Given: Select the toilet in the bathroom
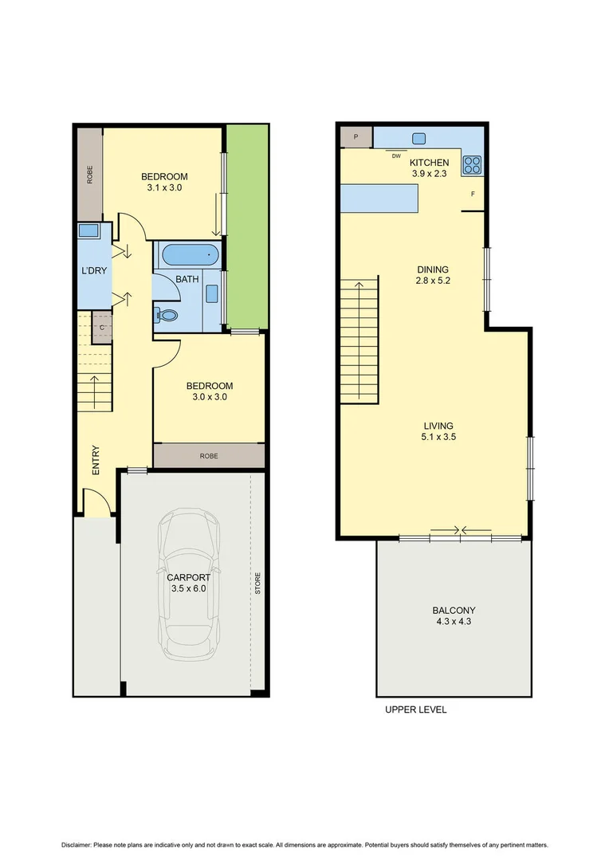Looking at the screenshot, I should pyautogui.click(x=167, y=315).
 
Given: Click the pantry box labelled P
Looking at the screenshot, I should pyautogui.click(x=355, y=137).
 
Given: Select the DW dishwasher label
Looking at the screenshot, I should pyautogui.click(x=395, y=155).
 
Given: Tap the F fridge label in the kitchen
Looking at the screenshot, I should pyautogui.click(x=473, y=194).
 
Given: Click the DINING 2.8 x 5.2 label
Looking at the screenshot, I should pyautogui.click(x=433, y=275).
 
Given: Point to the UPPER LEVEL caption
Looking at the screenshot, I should pyautogui.click(x=415, y=710).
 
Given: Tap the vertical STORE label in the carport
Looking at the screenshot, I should pyautogui.click(x=257, y=584).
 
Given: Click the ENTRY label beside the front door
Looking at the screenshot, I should pyautogui.click(x=96, y=461).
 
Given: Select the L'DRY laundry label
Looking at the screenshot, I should pyautogui.click(x=93, y=271).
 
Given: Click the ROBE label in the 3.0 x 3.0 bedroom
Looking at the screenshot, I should pyautogui.click(x=209, y=456).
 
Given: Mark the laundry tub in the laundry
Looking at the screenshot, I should pyautogui.click(x=88, y=232).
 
